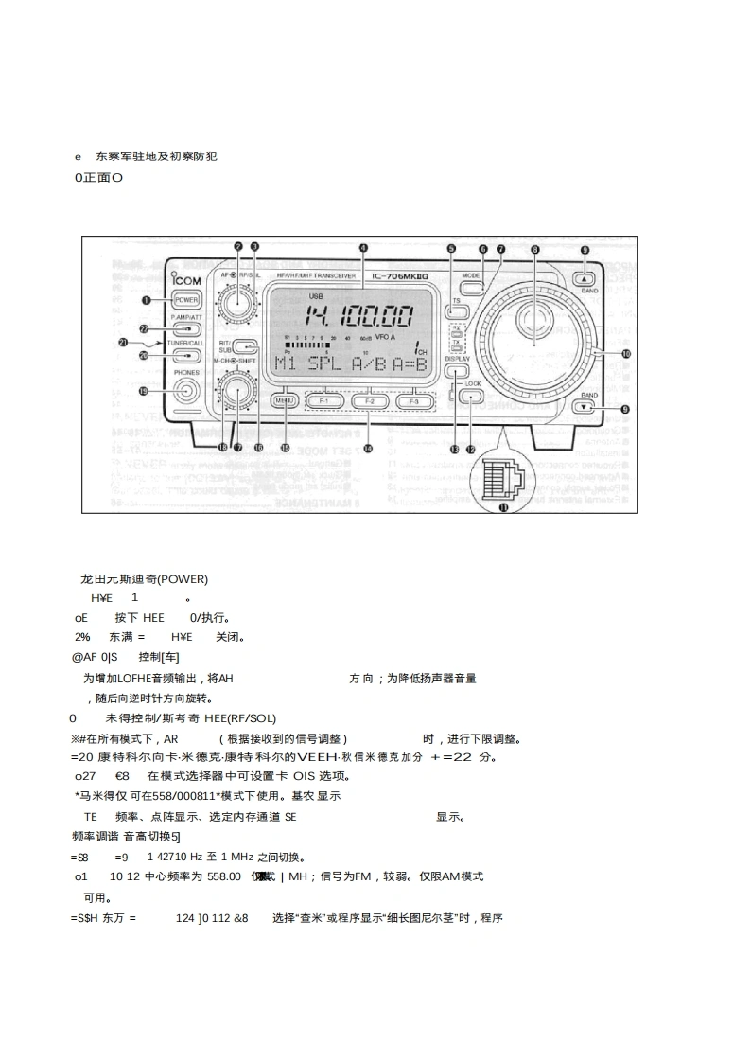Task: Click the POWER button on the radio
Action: click(x=185, y=299)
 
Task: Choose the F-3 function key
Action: click(x=410, y=401)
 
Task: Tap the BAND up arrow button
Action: click(x=586, y=278)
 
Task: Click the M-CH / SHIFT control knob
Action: click(x=235, y=391)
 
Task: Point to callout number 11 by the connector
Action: click(x=503, y=507)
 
